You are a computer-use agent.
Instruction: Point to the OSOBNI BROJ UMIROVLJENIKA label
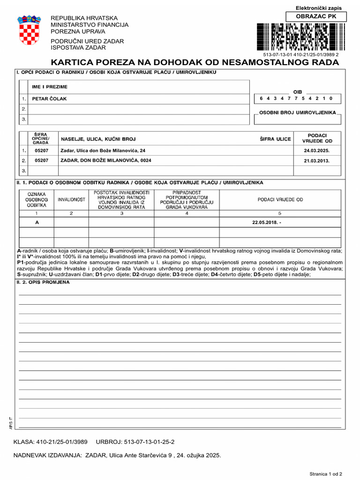coord(298,113)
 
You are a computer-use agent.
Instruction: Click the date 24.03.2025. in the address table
coord(317,150)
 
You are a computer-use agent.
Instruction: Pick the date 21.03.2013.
coord(317,160)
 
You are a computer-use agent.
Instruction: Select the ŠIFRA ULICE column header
coord(275,139)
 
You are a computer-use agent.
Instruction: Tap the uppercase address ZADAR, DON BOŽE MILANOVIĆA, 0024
coord(105,160)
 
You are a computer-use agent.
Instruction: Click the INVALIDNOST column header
coord(71,200)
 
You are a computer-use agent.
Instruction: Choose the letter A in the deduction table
coord(37,222)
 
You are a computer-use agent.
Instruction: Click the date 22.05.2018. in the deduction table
coord(266,222)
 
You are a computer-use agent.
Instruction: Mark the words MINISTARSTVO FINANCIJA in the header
coord(89,24)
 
